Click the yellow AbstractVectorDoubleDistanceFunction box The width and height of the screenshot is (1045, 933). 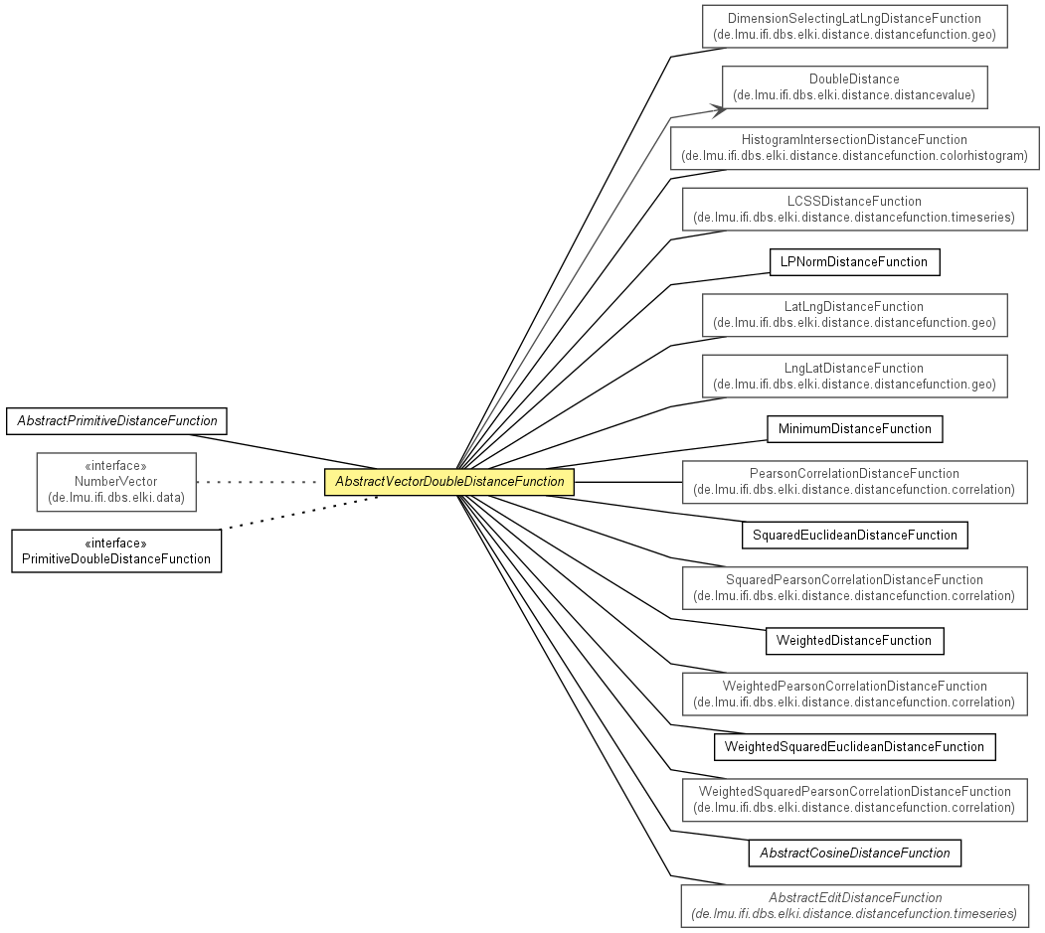[449, 482]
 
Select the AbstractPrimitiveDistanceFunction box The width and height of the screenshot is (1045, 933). [116, 421]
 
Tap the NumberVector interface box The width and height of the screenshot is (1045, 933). [116, 482]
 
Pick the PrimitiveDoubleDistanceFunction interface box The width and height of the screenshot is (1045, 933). [116, 550]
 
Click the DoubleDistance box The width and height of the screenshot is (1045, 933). [854, 87]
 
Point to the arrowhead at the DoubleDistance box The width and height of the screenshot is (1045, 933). [719, 110]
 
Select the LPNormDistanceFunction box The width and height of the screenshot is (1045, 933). [854, 261]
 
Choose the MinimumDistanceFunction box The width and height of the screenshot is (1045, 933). [855, 429]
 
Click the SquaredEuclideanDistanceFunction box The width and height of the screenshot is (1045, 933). [855, 535]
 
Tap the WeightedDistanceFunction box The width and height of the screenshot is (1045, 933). [854, 641]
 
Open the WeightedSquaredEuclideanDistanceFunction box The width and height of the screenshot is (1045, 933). [854, 746]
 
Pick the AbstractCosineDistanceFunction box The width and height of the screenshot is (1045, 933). [855, 854]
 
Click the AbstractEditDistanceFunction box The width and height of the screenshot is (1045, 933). [855, 906]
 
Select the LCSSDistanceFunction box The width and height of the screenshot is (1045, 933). [854, 209]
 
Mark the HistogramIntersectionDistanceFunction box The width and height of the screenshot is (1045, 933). [854, 148]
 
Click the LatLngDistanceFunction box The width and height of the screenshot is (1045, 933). [854, 315]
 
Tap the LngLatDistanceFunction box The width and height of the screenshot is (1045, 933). [854, 377]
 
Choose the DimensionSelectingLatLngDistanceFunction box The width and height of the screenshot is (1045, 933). [854, 26]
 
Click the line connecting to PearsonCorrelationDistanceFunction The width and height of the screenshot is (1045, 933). [628, 482]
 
